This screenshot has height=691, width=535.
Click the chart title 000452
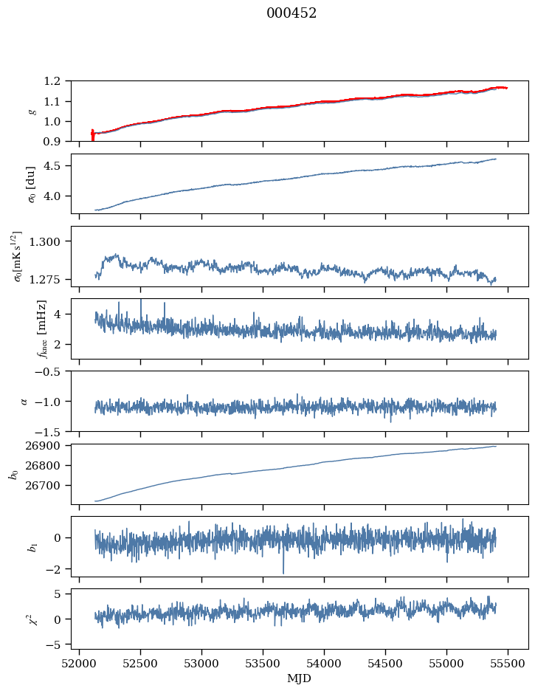pos(291,13)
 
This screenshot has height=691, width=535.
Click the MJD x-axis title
pos(300,678)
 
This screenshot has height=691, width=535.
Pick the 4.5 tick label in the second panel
pos(57,166)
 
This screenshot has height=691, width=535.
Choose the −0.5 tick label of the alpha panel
pos(52,371)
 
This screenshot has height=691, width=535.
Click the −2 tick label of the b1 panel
pos(59,569)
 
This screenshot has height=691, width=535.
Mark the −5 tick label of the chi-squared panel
pos(59,644)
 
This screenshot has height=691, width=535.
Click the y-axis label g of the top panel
pos(31,111)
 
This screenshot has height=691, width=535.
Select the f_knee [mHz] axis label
pos(42,329)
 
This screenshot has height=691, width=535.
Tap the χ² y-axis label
pos(31,618)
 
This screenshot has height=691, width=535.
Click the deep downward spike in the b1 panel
pos(283,572)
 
